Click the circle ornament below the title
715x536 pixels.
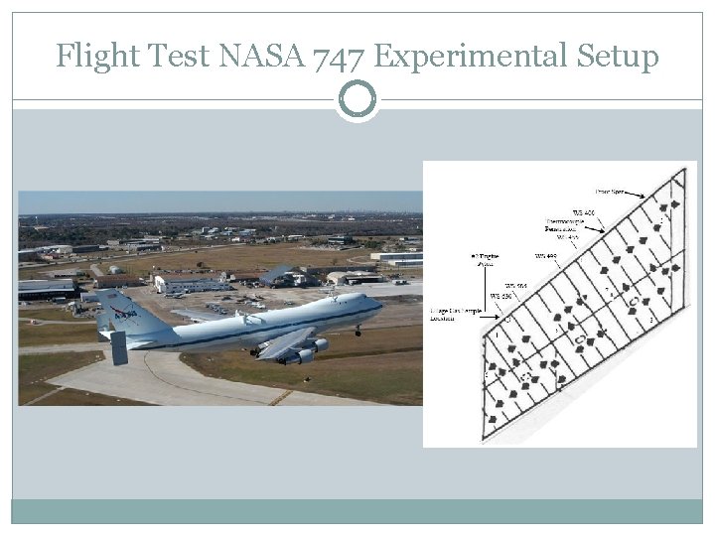pyautogui.click(x=357, y=99)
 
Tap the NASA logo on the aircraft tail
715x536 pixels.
pyautogui.click(x=123, y=314)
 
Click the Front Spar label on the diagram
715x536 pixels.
pyautogui.click(x=609, y=190)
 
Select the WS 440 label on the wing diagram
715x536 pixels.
pyautogui.click(x=546, y=256)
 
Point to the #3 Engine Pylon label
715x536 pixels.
pyautogui.click(x=484, y=260)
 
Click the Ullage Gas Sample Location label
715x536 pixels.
pyautogui.click(x=456, y=315)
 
